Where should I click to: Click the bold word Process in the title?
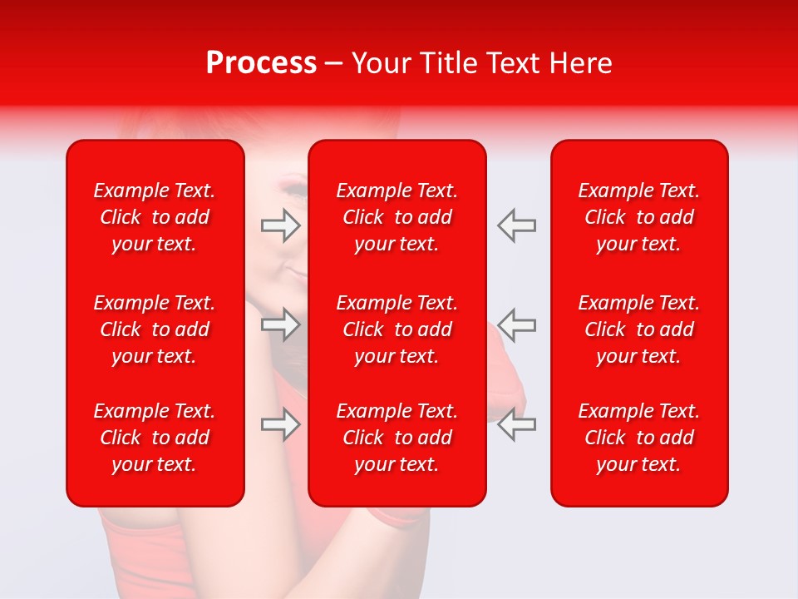point(261,63)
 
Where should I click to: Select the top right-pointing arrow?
point(281,225)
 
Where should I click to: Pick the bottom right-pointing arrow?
point(281,424)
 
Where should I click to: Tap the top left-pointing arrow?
point(517,225)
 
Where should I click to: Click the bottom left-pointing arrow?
point(517,424)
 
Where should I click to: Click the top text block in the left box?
point(155,217)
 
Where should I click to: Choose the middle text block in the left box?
point(155,329)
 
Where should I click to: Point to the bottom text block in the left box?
point(155,438)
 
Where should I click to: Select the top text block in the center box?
point(397,217)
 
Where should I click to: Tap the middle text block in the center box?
point(397,329)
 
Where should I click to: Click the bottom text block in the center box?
point(397,438)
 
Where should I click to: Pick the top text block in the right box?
point(639,217)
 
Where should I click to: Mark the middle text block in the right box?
point(639,329)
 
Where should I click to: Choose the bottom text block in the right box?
point(639,438)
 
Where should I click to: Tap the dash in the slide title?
point(334,64)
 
